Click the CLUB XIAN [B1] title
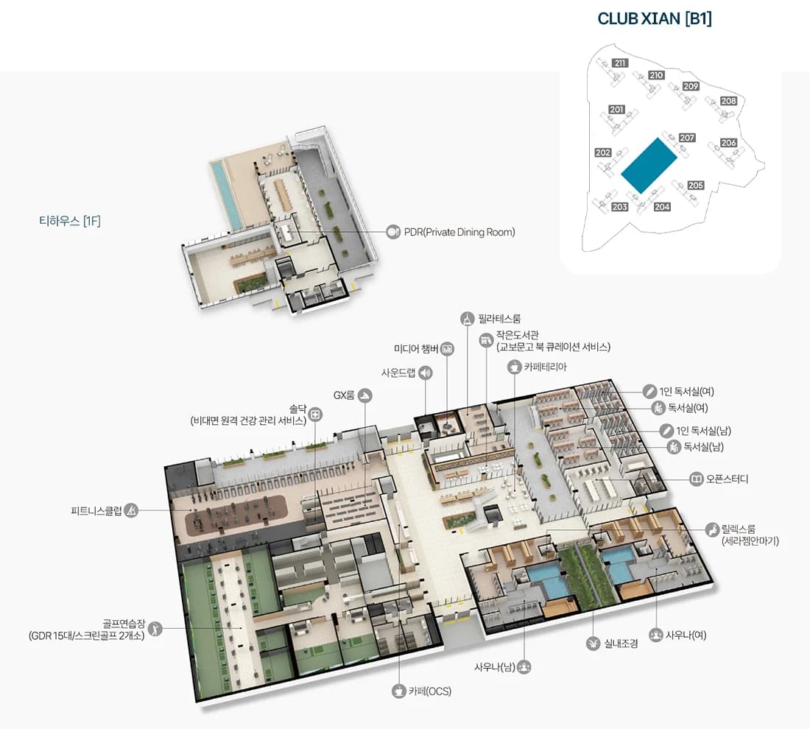[655, 18]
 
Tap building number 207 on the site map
[686, 138]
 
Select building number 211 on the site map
[620, 63]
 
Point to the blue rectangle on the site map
[649, 166]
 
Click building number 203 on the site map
[619, 207]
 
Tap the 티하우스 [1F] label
[70, 221]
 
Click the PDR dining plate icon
[393, 232]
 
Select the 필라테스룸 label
[499, 319]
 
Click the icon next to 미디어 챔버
[448, 349]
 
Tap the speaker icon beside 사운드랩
[425, 373]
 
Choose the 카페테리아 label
[546, 367]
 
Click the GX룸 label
[344, 395]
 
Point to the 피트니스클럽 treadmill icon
[131, 511]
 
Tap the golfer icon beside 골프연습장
[155, 628]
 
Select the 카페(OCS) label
[430, 691]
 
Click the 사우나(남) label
[494, 667]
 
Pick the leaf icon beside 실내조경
[593, 644]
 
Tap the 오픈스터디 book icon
[697, 479]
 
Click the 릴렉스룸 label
[739, 529]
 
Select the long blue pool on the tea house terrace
[226, 194]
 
